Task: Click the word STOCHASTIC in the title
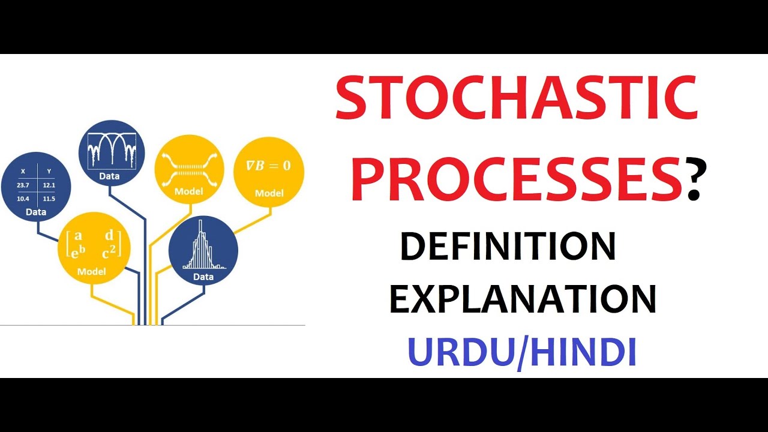click(x=516, y=98)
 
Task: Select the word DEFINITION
click(x=508, y=247)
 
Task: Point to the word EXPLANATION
click(x=523, y=299)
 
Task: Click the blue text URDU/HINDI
click(x=521, y=352)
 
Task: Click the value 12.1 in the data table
click(x=49, y=185)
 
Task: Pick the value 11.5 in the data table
click(x=49, y=199)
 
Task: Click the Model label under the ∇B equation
click(x=269, y=193)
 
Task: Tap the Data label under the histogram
click(x=203, y=277)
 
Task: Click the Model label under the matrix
click(x=91, y=272)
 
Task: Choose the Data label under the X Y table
click(x=36, y=212)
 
